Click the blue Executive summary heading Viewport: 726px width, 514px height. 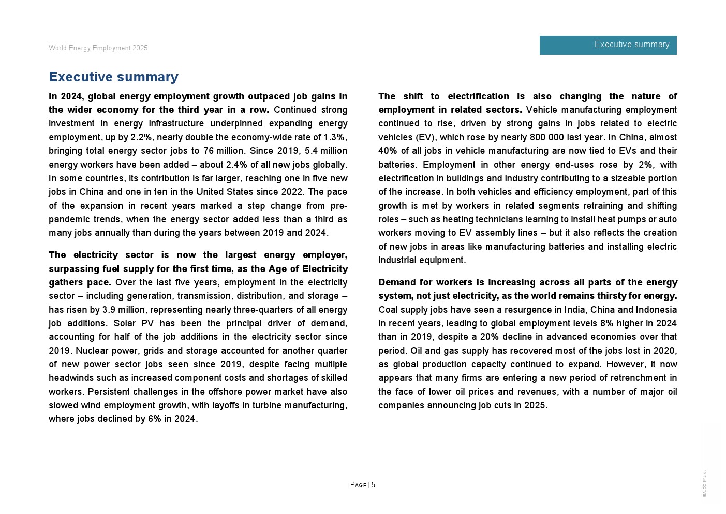tap(113, 77)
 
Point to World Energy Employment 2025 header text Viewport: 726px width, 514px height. tap(98, 48)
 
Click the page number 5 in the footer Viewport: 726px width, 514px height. tap(373, 485)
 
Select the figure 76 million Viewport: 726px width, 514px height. tap(223, 151)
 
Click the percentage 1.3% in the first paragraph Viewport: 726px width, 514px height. tap(334, 137)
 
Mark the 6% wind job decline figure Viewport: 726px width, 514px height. tap(155, 419)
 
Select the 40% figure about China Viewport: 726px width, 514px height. tap(389, 151)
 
